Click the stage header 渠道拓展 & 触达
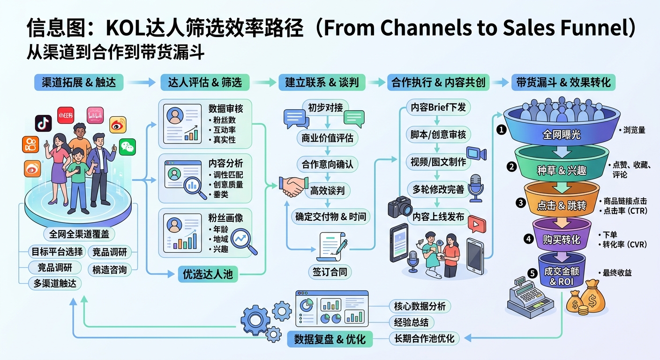click(79, 82)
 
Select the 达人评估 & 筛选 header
click(205, 82)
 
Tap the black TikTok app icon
click(43, 123)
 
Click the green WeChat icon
click(127, 147)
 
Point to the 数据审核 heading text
click(226, 109)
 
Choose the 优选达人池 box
click(208, 274)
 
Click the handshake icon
click(292, 186)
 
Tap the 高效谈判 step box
click(327, 191)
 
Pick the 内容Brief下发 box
click(438, 107)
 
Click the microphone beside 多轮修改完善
click(476, 187)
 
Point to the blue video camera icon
click(476, 154)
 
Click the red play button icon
click(476, 225)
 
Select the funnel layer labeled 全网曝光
click(561, 135)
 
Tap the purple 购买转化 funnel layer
click(561, 239)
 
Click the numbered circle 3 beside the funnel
click(520, 203)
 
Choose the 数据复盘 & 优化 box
click(330, 339)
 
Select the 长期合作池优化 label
click(423, 338)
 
